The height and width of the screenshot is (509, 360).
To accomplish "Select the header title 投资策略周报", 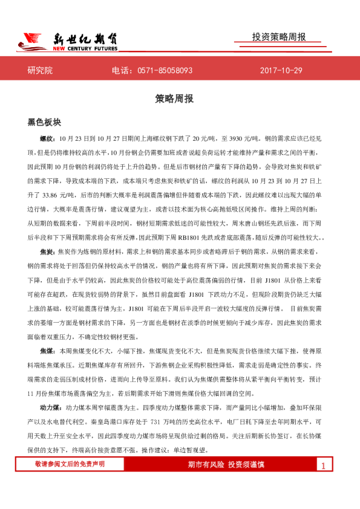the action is (279, 37).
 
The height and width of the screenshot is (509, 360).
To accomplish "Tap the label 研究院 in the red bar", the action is (40, 71).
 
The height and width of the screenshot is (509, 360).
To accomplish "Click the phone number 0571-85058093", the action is (165, 71).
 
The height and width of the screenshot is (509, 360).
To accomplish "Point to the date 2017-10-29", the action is (281, 71).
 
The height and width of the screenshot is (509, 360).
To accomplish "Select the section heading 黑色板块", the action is (45, 122).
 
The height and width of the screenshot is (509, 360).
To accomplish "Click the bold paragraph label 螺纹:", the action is (47, 138).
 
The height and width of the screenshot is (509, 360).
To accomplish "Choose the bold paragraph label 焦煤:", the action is (47, 351).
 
